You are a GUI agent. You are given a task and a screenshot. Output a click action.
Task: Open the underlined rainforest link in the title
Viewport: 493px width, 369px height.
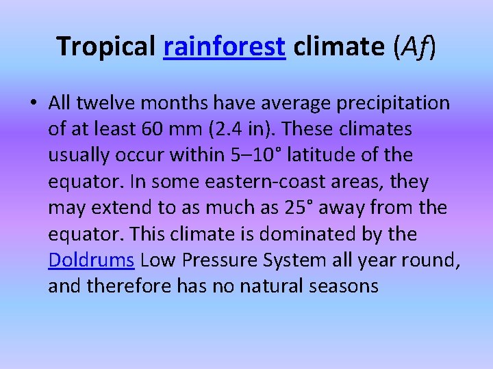[x=224, y=46]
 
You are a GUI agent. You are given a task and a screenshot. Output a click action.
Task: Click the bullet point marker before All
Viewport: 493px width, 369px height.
[x=33, y=103]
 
